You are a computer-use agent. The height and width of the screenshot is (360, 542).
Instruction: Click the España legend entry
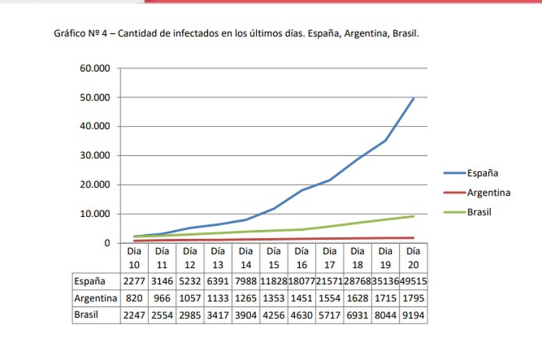pyautogui.click(x=482, y=173)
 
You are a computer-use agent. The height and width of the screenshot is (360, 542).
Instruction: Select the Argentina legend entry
pyautogui.click(x=488, y=192)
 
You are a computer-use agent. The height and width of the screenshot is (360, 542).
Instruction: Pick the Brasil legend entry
pyautogui.click(x=479, y=213)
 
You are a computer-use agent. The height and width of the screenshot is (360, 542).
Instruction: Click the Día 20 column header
pyautogui.click(x=413, y=257)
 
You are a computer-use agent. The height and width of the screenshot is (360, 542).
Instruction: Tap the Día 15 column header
pyautogui.click(x=274, y=257)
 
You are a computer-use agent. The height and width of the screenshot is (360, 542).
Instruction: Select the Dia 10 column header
pyautogui.click(x=134, y=257)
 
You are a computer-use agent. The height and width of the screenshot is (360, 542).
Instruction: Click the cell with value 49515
pyautogui.click(x=414, y=280)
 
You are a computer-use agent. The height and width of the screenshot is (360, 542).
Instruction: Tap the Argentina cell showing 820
pyautogui.click(x=134, y=297)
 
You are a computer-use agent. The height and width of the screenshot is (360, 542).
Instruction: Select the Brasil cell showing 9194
pyautogui.click(x=414, y=315)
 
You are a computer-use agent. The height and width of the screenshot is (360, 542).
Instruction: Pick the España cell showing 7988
pyautogui.click(x=246, y=280)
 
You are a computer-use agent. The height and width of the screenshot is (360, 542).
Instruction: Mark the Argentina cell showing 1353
pyautogui.click(x=274, y=297)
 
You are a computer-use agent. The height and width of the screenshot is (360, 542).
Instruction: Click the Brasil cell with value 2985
pyautogui.click(x=190, y=315)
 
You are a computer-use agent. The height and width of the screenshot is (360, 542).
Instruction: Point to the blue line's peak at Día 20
pyautogui.click(x=413, y=99)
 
